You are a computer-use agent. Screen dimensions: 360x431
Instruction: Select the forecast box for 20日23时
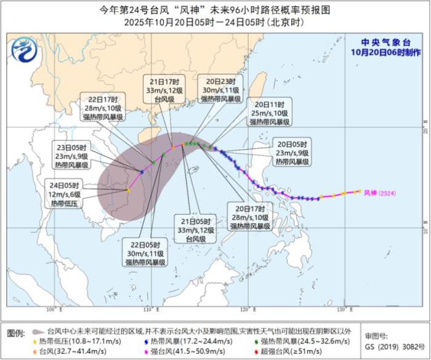click(218, 90)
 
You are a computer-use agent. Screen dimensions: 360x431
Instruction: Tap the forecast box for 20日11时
click(269, 113)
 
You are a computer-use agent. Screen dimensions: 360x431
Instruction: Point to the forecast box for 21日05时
click(196, 229)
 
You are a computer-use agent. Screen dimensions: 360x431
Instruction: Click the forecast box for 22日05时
click(145, 253)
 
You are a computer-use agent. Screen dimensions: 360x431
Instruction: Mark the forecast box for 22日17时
click(103, 108)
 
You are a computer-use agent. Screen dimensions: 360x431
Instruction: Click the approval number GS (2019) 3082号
click(395, 347)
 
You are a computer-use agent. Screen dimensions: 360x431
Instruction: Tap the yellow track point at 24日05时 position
click(127, 190)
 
